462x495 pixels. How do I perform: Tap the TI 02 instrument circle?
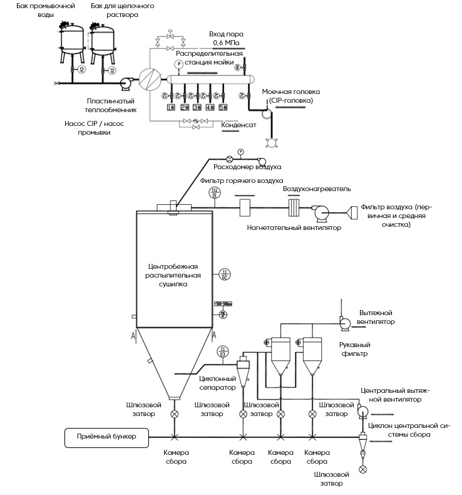click(x=225, y=274)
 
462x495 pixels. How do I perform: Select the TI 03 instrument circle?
click(x=222, y=352)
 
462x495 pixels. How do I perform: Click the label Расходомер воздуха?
click(x=247, y=167)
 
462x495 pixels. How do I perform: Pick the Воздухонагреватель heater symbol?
click(x=294, y=208)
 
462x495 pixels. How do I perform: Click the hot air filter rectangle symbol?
click(x=244, y=206)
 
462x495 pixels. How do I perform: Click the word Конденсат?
click(x=238, y=124)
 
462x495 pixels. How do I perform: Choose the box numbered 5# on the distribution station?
click(x=223, y=107)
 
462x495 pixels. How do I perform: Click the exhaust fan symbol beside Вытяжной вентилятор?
click(x=344, y=322)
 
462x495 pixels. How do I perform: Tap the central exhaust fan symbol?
click(x=362, y=411)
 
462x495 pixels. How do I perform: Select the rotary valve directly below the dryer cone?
click(x=174, y=414)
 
